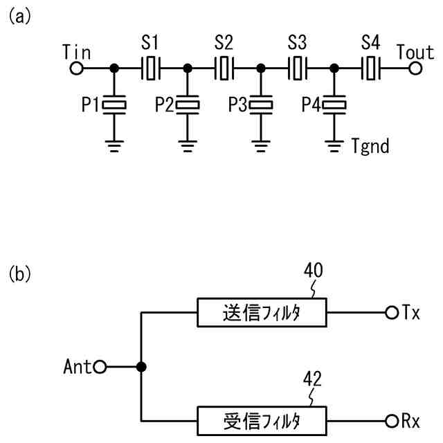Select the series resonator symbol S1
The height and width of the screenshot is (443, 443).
point(151,69)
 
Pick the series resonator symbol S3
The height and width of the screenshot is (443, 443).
point(298,69)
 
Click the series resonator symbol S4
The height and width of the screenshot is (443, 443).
point(371,69)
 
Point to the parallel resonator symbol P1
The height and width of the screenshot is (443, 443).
point(114,105)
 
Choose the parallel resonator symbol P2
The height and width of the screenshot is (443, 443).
point(188,105)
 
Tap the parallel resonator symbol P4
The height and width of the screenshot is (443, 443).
point(334,105)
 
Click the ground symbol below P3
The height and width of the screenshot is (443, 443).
point(261,146)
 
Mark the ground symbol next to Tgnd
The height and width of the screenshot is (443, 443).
point(334,146)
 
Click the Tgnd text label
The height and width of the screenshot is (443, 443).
point(370,146)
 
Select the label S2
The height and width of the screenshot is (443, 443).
point(224,43)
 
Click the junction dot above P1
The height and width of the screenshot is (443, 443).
point(114,69)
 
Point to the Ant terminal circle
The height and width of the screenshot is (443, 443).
point(100,367)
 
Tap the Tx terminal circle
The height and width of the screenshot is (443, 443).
point(392,313)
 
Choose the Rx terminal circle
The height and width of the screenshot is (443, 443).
point(392,422)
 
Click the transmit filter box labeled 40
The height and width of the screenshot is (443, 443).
point(262,312)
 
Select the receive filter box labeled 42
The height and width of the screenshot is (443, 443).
point(262,421)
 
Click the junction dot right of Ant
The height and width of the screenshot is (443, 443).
point(141,367)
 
